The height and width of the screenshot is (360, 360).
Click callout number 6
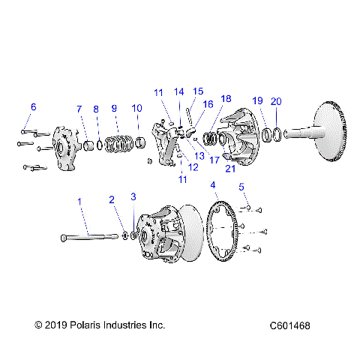[32, 106]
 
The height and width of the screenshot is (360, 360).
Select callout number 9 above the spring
[115, 108]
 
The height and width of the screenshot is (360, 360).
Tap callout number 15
[198, 91]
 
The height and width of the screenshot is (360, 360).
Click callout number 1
[80, 200]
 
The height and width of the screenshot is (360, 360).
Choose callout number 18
[226, 98]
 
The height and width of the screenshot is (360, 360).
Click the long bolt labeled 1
[90, 237]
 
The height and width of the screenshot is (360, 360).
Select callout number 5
[241, 186]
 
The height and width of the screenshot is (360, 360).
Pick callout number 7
[79, 109]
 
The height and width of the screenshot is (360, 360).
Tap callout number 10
[136, 109]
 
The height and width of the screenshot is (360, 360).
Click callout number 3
[133, 197]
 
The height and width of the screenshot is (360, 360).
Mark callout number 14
[179, 91]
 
